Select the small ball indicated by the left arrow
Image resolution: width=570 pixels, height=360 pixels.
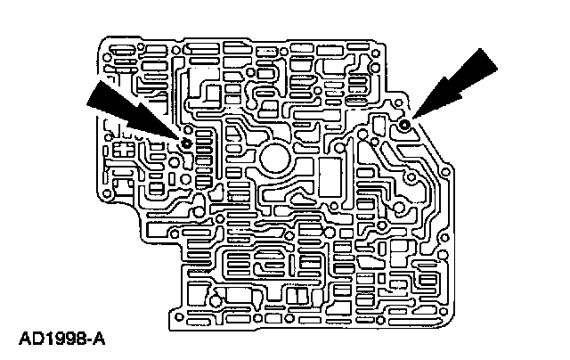point(186,142)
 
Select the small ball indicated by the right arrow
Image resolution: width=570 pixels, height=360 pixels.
point(405,124)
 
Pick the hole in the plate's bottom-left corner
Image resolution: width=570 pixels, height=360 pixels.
point(179,316)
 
